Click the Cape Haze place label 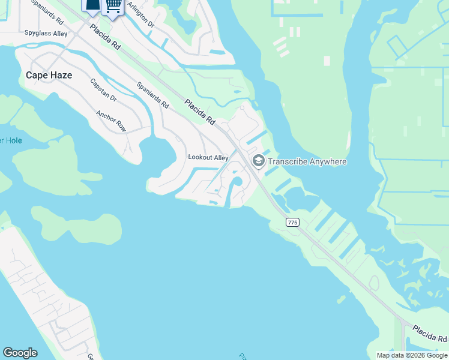point(49,75)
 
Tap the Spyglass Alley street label point(46,34)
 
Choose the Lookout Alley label point(208,157)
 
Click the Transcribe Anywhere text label point(307,161)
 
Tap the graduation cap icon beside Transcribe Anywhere point(259,161)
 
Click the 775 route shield point(292,223)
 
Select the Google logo point(20,353)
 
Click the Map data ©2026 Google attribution point(412,355)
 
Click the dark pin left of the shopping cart point(92,6)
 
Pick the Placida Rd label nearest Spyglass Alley point(105,38)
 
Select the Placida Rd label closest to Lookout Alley point(200,112)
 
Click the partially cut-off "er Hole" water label point(10,140)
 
